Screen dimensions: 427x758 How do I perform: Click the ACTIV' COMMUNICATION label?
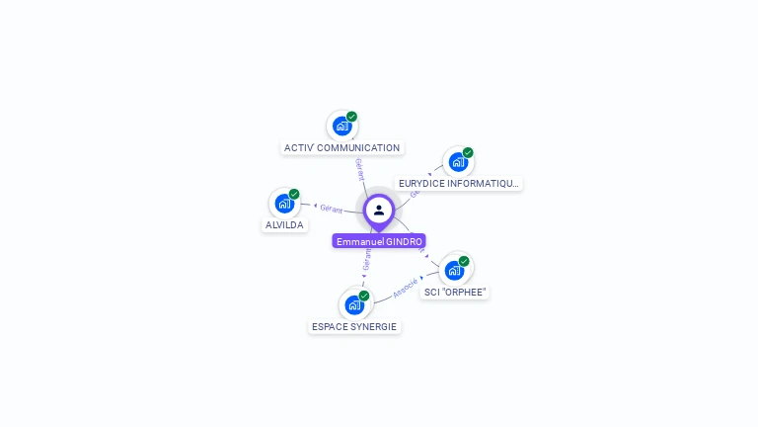pyautogui.click(x=341, y=148)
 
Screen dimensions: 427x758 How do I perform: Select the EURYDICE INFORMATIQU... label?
pyautogui.click(x=458, y=184)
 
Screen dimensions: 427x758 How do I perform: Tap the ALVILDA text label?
pyautogui.click(x=284, y=225)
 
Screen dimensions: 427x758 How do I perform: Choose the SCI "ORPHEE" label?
pyautogui.click(x=454, y=293)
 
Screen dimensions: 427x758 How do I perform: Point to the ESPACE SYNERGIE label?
pyautogui.click(x=354, y=327)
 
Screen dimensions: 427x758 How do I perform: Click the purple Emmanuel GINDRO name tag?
pyautogui.click(x=379, y=241)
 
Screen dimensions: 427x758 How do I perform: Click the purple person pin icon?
pyautogui.click(x=379, y=211)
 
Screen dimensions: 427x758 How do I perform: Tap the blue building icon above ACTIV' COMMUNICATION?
pyautogui.click(x=341, y=126)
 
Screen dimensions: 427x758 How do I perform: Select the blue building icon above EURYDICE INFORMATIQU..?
pyautogui.click(x=458, y=161)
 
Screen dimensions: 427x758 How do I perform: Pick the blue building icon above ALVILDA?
pyautogui.click(x=284, y=204)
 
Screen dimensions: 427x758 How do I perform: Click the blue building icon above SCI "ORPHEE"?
pyautogui.click(x=454, y=270)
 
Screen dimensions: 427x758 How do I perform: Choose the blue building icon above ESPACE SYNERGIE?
pyautogui.click(x=354, y=304)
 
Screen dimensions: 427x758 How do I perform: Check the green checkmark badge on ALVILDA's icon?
pyautogui.click(x=294, y=195)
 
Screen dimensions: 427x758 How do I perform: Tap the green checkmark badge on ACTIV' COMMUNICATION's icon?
pyautogui.click(x=351, y=117)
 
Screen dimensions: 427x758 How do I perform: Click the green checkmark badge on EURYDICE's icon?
pyautogui.click(x=468, y=152)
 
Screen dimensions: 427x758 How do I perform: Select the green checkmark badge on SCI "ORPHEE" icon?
pyautogui.click(x=464, y=261)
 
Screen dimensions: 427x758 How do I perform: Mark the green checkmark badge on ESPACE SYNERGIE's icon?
pyautogui.click(x=364, y=296)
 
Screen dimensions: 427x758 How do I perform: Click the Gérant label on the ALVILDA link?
pyautogui.click(x=331, y=209)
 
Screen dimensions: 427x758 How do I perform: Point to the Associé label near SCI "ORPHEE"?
pyautogui.click(x=406, y=288)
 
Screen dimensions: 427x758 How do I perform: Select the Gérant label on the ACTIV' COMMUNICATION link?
pyautogui.click(x=360, y=169)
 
